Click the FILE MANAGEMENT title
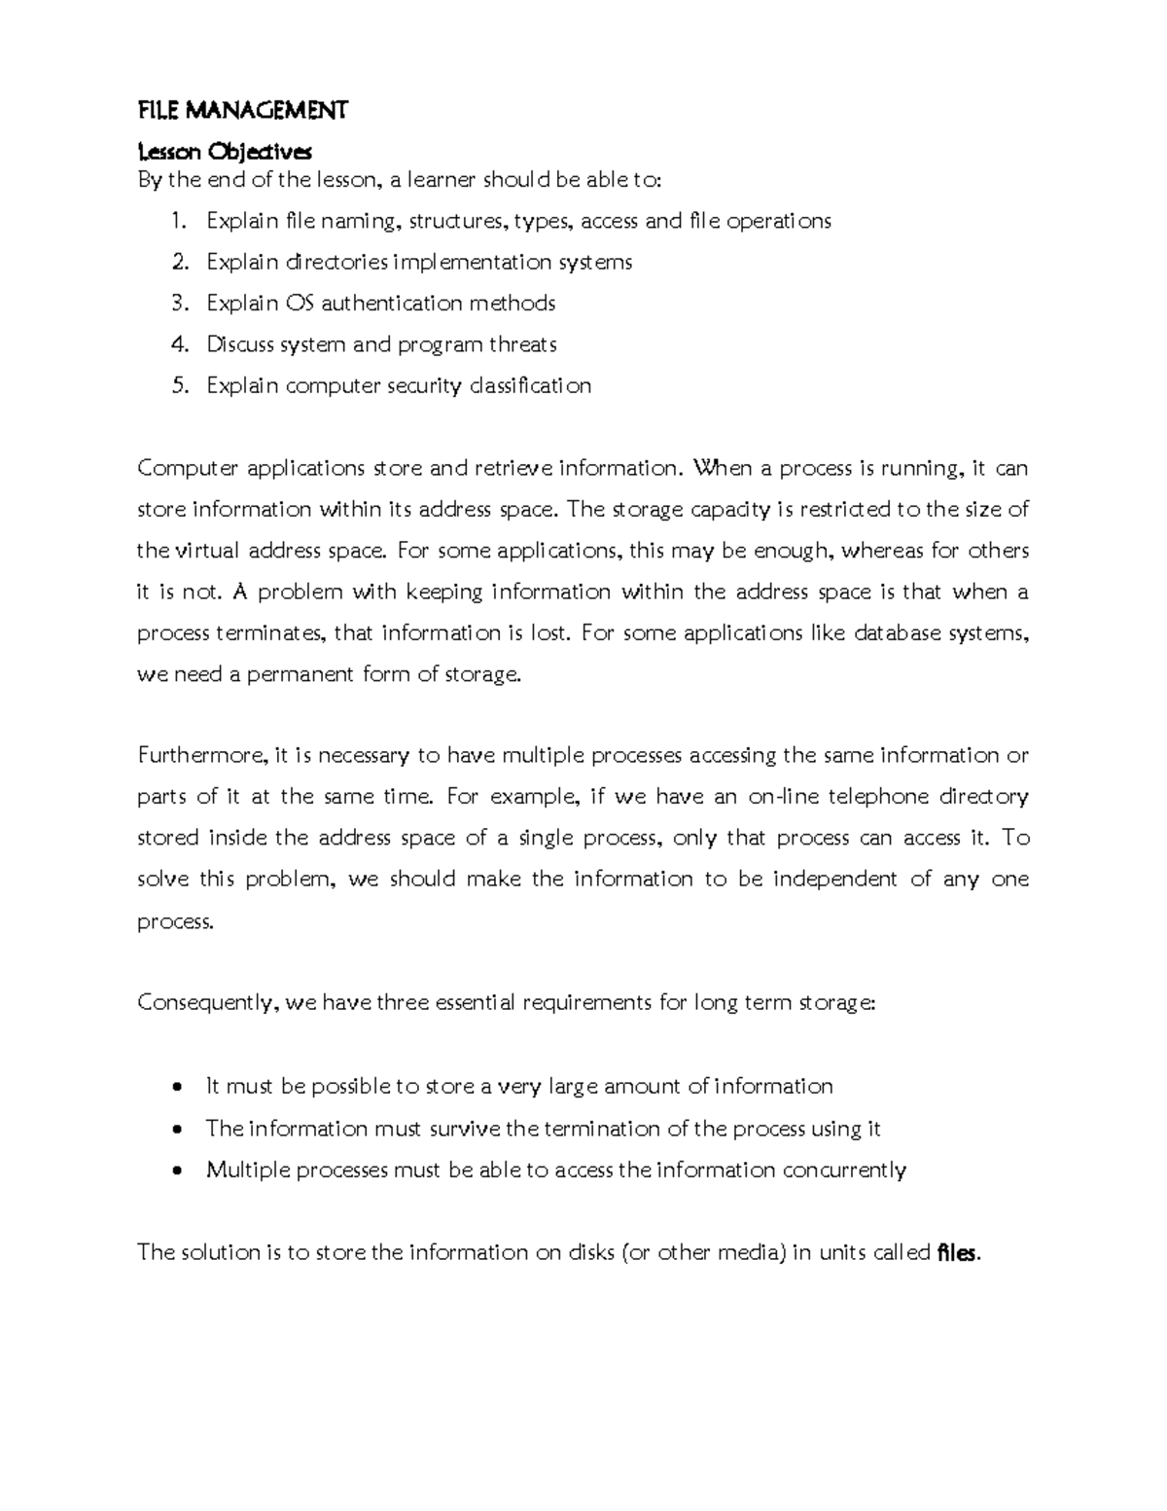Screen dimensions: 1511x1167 coord(242,111)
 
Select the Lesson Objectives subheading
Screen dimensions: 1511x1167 coord(225,152)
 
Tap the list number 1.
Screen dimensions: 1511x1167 coord(178,221)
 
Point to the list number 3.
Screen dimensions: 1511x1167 coord(178,304)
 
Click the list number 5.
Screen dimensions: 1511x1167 coord(178,386)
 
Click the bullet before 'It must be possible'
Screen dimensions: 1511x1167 coord(176,1087)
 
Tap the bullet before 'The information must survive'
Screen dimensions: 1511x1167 coord(176,1130)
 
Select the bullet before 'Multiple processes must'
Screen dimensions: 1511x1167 coord(176,1171)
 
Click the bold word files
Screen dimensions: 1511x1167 coord(956,1253)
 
